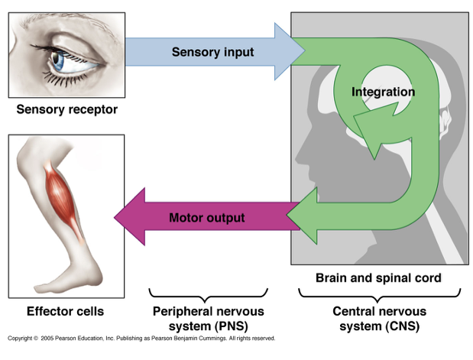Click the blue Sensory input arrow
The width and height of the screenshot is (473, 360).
point(206,52)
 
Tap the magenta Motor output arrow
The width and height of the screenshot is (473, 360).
point(206,218)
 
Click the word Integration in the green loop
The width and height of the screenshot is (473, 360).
point(383,92)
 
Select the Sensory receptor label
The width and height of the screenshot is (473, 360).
point(67,109)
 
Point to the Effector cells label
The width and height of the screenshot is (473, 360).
point(65,311)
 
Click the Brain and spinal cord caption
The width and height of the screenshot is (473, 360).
point(378,278)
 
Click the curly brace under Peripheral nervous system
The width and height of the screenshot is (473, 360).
point(209,294)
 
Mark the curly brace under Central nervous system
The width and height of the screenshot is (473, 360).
point(379,294)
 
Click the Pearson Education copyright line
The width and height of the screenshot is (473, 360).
point(141,338)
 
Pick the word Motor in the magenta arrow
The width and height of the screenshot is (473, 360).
point(186,218)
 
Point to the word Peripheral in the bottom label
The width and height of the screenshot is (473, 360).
point(185,311)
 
